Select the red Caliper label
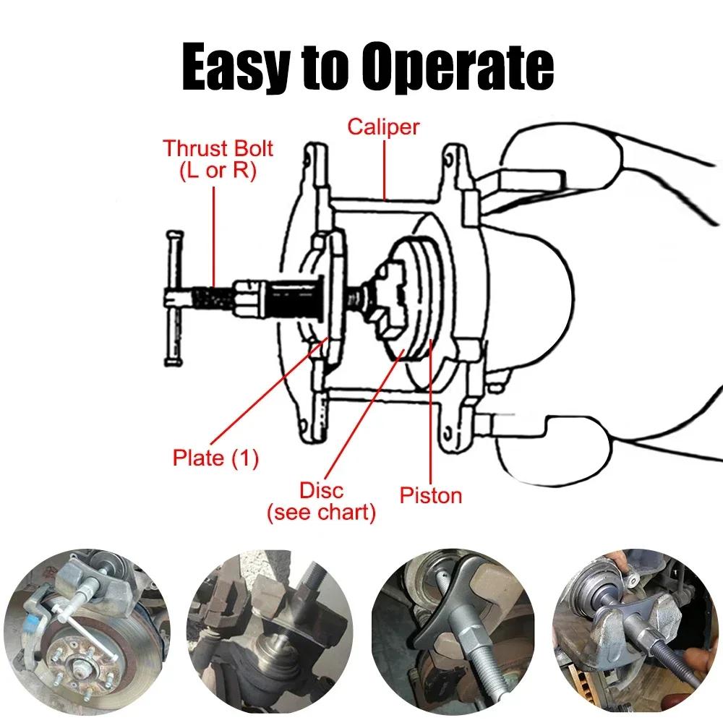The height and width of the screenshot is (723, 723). pyautogui.click(x=383, y=127)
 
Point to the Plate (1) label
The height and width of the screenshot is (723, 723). pyautogui.click(x=215, y=458)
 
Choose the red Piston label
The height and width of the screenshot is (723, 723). pyautogui.click(x=431, y=495)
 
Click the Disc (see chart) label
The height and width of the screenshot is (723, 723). pyautogui.click(x=322, y=503)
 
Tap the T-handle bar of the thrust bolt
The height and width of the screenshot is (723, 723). pyautogui.click(x=172, y=298)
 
